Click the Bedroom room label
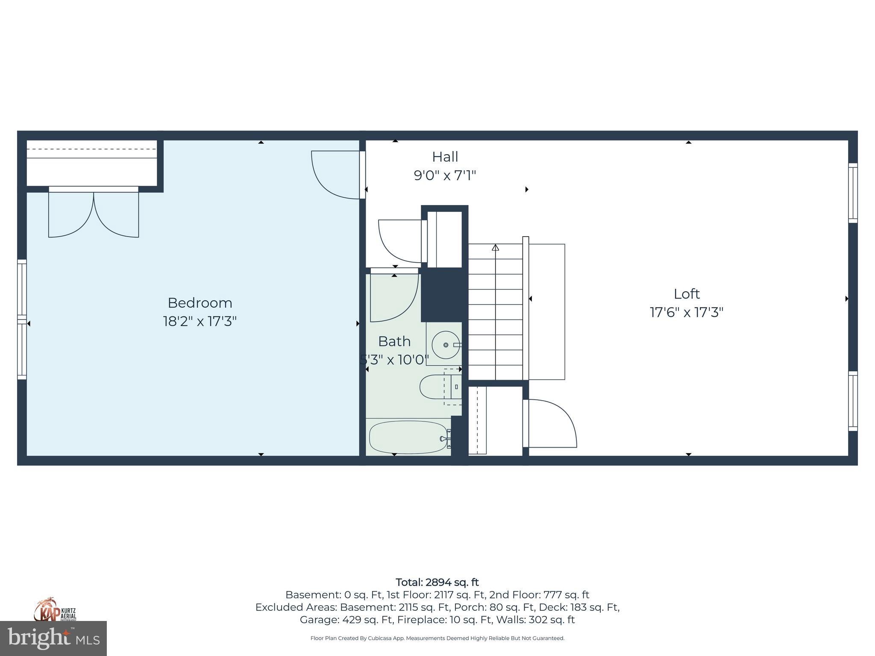pyautogui.click(x=200, y=303)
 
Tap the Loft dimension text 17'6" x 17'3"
pyautogui.click(x=686, y=313)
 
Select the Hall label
pyautogui.click(x=445, y=157)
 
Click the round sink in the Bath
pyautogui.click(x=446, y=345)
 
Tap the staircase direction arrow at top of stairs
pyautogui.click(x=495, y=248)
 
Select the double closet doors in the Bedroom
pyautogui.click(x=93, y=214)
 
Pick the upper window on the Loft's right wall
pyautogui.click(x=852, y=193)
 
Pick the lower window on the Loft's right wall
pyautogui.click(x=852, y=401)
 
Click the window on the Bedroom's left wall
pyautogui.click(x=22, y=319)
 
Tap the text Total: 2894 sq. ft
pyautogui.click(x=437, y=582)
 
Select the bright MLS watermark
pyautogui.click(x=53, y=638)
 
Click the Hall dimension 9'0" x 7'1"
pyautogui.click(x=445, y=176)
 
